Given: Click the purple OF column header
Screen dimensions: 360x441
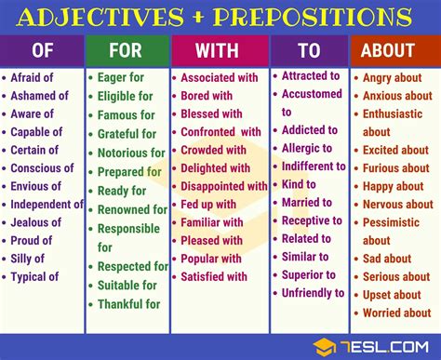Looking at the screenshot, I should [x=43, y=51].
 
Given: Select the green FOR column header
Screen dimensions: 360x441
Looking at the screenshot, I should [x=127, y=51].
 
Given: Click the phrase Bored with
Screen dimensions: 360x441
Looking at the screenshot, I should [x=207, y=96].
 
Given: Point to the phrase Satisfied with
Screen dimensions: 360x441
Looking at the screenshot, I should [x=214, y=275].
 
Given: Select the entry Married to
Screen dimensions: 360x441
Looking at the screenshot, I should [x=306, y=202].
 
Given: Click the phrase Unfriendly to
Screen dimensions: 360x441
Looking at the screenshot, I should [x=313, y=292].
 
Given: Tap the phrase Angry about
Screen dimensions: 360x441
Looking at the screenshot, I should [x=392, y=78].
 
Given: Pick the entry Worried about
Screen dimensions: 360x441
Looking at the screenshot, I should [x=397, y=313].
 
